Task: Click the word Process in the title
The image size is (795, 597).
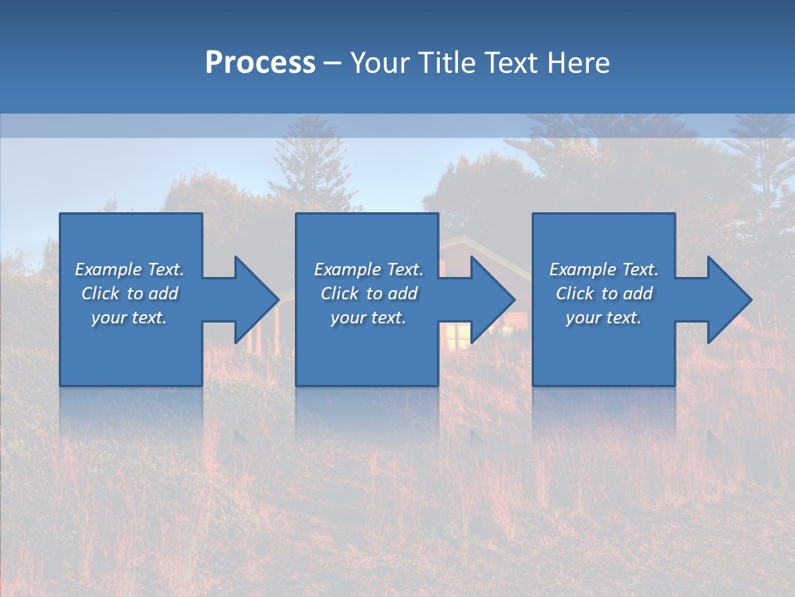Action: [x=260, y=63]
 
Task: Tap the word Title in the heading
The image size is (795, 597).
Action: [x=447, y=63]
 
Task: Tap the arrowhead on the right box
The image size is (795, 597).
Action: [x=728, y=299]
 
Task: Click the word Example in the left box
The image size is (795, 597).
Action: [x=108, y=269]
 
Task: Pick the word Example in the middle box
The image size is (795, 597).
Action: [x=347, y=269]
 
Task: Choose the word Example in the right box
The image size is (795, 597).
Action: [x=582, y=269]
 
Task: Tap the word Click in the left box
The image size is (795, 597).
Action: [x=100, y=294]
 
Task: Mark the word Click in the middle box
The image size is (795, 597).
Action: [x=340, y=294]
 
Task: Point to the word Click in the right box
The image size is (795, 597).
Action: [x=575, y=294]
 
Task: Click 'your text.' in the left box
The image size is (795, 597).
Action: [x=129, y=318]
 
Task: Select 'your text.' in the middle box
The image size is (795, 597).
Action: [x=369, y=318]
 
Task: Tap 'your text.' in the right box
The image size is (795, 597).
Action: [x=604, y=318]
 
